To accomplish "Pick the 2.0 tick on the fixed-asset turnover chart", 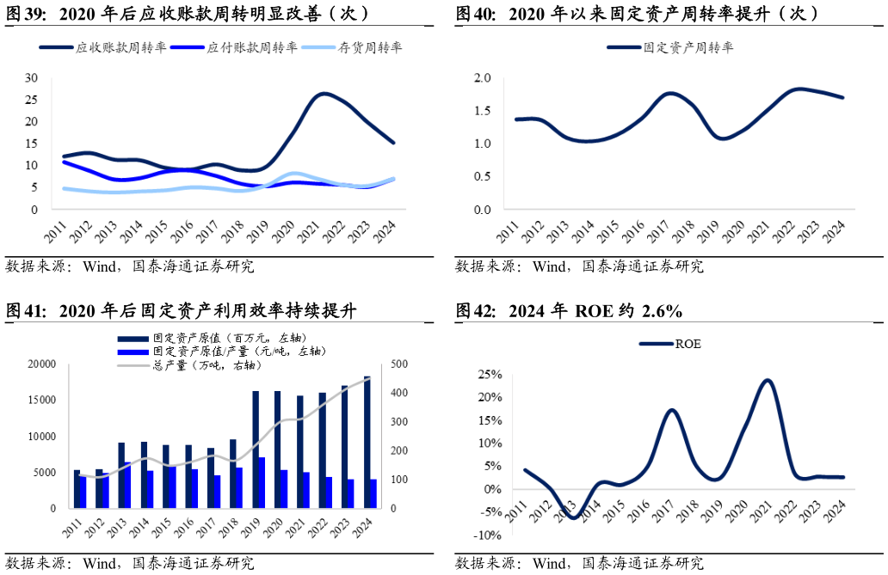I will [x=482, y=78].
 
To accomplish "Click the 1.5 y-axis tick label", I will [x=482, y=111].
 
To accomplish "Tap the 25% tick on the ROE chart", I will [x=490, y=375].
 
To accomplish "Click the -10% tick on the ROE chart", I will [x=488, y=535].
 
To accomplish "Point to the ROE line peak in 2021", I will [x=767, y=380].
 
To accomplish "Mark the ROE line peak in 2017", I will [x=672, y=410].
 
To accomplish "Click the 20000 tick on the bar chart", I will [x=40, y=364].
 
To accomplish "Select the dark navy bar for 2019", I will [x=256, y=450].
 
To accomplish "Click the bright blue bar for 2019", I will [x=262, y=482].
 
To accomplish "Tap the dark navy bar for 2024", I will [x=367, y=442].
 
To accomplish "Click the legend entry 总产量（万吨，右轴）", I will [x=207, y=365].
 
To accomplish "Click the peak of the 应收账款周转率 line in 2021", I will [x=324, y=94].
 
